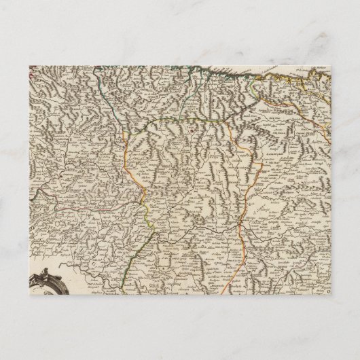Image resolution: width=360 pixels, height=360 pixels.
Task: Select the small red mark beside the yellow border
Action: coord(193,124)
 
